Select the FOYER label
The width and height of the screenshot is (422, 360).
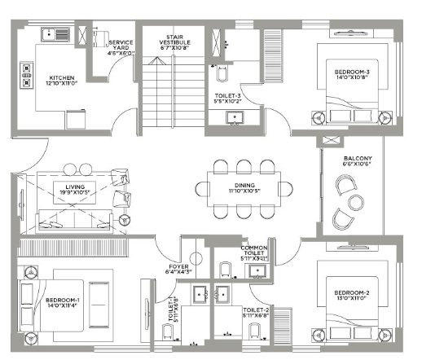pos(179,269)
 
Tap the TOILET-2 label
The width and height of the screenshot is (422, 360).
pos(255,312)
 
